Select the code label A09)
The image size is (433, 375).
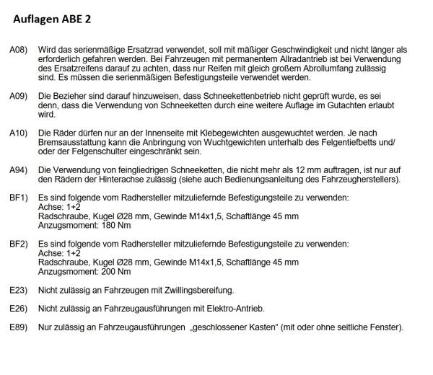[x=19, y=95]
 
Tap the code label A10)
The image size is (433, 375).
[x=19, y=133]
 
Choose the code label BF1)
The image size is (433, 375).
[x=19, y=197]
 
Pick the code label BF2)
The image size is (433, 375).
[x=19, y=245]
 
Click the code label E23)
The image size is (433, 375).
[x=19, y=291]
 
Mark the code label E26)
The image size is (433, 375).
[x=19, y=309]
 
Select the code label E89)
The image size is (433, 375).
[x=19, y=328]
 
